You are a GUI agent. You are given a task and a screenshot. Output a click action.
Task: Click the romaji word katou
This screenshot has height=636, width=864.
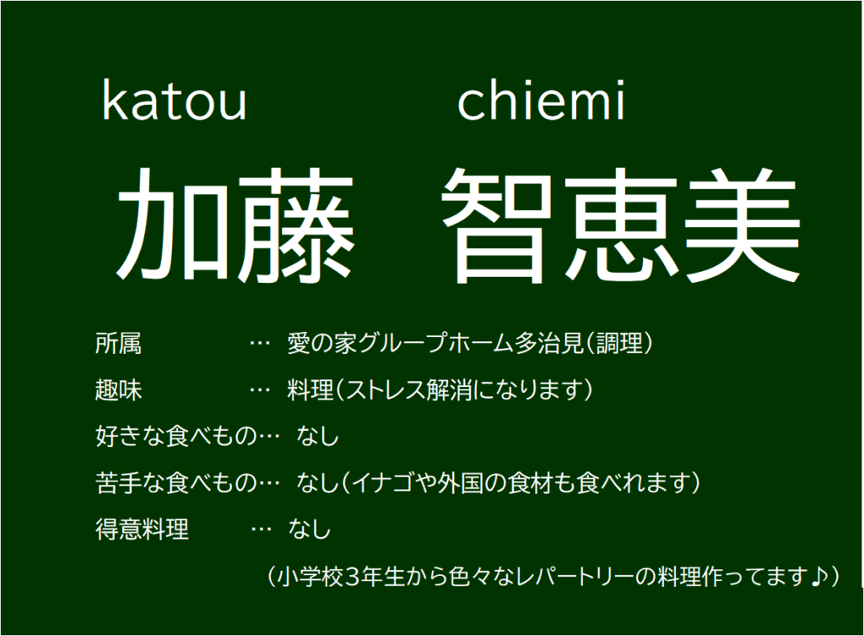(174, 101)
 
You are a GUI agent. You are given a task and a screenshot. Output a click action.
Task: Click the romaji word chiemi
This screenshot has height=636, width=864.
(541, 100)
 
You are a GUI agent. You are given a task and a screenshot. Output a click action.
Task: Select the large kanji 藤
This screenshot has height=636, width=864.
(295, 224)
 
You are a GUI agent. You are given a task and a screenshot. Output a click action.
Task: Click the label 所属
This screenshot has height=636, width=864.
(118, 343)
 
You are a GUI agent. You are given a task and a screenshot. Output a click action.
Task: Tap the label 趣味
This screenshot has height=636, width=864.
(118, 390)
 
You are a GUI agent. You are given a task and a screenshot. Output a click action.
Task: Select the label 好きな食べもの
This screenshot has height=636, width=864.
(176, 437)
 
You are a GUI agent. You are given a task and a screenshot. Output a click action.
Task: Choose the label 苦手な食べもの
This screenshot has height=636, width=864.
(176, 482)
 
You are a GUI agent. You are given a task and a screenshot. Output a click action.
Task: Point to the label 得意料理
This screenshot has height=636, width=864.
(142, 530)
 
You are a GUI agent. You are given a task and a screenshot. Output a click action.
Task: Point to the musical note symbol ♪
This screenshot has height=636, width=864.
(819, 576)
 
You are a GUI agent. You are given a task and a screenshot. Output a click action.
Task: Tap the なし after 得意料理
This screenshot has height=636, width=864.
(309, 530)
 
